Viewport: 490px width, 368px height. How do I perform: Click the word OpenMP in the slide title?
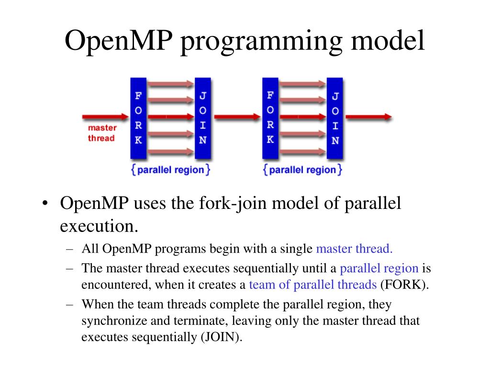(118, 41)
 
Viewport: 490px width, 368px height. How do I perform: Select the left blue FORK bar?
(138, 118)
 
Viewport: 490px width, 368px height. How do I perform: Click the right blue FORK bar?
(270, 118)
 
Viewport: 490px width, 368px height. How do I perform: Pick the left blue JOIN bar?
(202, 118)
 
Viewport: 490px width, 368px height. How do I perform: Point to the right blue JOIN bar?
(335, 118)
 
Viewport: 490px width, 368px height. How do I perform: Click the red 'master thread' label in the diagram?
(101, 133)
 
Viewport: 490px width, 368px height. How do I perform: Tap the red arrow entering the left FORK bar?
(105, 117)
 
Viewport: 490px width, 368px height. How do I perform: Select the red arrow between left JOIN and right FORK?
(236, 117)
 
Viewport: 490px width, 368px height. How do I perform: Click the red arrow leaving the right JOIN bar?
(367, 117)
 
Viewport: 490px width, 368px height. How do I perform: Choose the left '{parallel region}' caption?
(170, 170)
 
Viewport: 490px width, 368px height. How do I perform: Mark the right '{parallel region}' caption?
(303, 170)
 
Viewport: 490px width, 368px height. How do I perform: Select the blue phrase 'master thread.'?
(355, 249)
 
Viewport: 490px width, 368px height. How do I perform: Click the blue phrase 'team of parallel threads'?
(313, 285)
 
